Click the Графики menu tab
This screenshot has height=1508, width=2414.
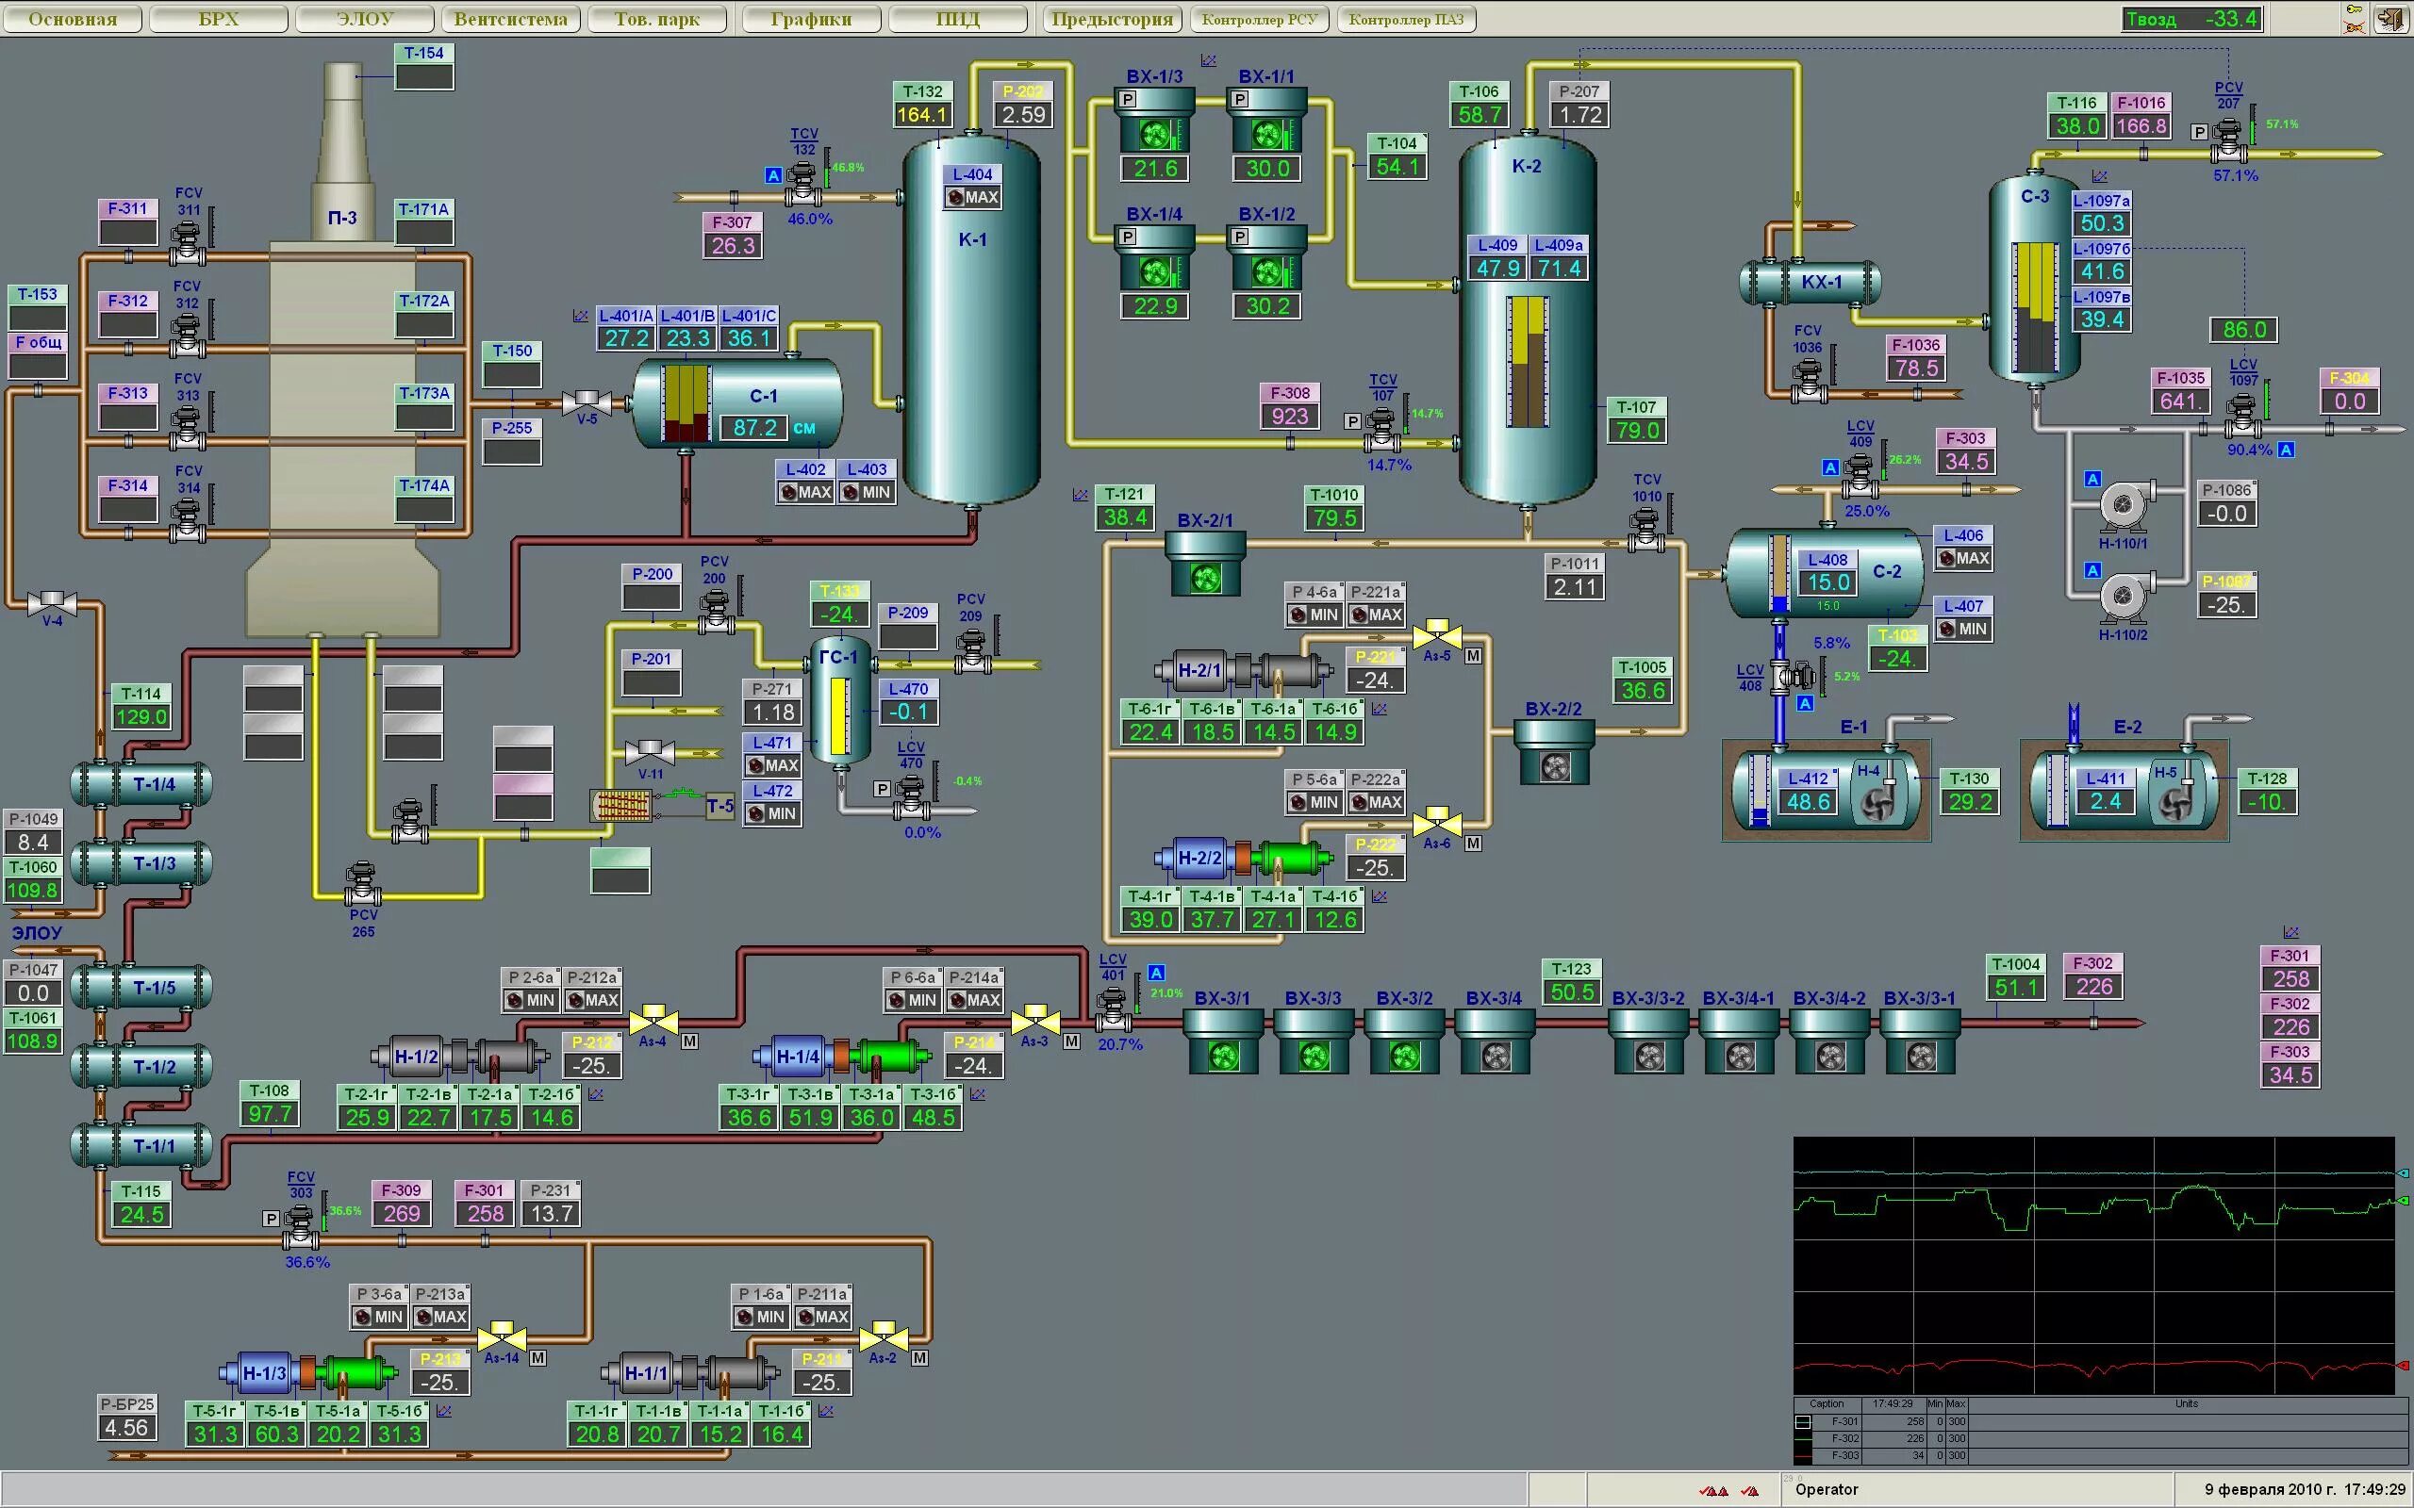(810, 19)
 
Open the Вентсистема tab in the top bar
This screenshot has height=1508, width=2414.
(510, 19)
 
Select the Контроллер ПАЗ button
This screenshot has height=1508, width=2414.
(1406, 19)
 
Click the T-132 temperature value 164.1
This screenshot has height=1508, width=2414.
(921, 115)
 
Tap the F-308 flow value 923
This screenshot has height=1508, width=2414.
(1290, 416)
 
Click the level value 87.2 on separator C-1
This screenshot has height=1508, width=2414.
(755, 428)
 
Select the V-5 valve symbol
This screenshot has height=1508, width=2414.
(587, 403)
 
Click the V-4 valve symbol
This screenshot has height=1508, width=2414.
(52, 602)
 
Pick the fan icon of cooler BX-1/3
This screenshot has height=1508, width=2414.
(1155, 134)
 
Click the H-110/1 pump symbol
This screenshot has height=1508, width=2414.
(2122, 507)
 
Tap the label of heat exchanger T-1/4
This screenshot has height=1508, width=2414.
(154, 785)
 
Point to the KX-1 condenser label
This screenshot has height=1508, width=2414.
(1822, 282)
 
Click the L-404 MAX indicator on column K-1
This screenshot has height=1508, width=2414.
(972, 198)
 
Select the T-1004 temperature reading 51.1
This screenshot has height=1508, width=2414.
(2016, 988)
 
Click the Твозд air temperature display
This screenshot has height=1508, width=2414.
(2191, 19)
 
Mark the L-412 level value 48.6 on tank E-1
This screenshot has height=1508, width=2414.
(1809, 802)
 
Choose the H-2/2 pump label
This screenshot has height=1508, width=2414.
(1200, 858)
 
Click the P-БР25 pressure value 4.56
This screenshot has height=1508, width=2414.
(126, 1427)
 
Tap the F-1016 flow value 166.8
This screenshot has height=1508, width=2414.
(2141, 126)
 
